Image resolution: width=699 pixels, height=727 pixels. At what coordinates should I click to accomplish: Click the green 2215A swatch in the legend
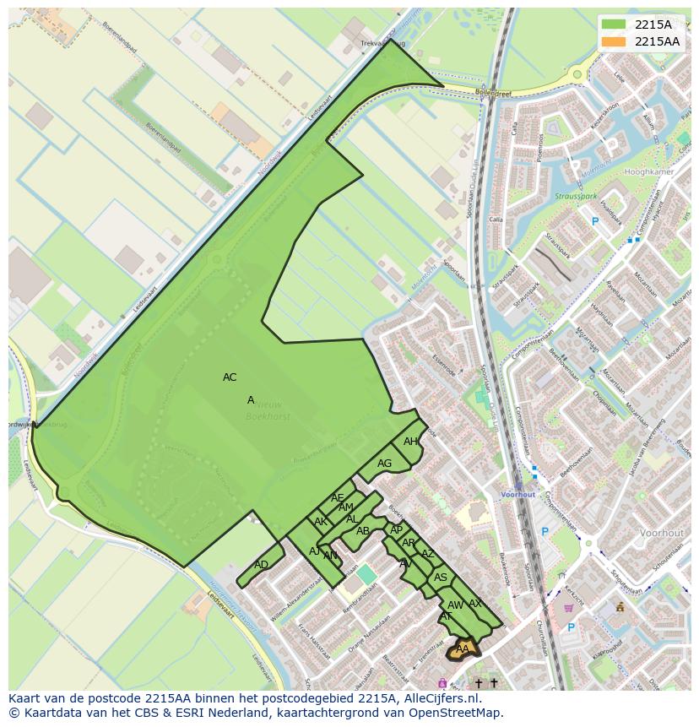point(615,24)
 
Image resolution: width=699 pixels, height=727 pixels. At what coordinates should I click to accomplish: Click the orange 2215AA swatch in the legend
point(615,41)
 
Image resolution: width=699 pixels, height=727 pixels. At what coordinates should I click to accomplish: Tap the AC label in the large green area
point(230,377)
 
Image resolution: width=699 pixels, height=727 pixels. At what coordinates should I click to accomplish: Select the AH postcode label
point(410,442)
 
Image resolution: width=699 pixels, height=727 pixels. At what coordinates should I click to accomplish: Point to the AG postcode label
point(384,464)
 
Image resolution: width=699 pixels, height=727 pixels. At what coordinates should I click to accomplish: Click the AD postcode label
point(261,565)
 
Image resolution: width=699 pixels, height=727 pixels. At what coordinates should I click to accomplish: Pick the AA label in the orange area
point(461,648)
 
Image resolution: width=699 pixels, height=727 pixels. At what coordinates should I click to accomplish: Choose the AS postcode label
point(440,578)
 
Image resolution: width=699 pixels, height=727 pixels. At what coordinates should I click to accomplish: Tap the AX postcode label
point(474,604)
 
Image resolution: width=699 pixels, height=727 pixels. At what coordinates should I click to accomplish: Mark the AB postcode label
point(362,531)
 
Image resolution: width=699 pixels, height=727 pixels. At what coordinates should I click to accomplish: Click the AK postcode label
point(320,522)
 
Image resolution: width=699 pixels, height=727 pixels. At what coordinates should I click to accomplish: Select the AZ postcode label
point(427,554)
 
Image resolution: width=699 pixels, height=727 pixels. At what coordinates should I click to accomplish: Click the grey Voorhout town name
point(662,534)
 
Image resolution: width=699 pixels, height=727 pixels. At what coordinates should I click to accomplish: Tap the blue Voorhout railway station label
point(517,494)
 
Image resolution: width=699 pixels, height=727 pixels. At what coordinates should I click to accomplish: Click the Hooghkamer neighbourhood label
point(649,172)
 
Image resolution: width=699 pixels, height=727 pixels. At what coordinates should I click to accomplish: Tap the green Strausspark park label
point(576,196)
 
